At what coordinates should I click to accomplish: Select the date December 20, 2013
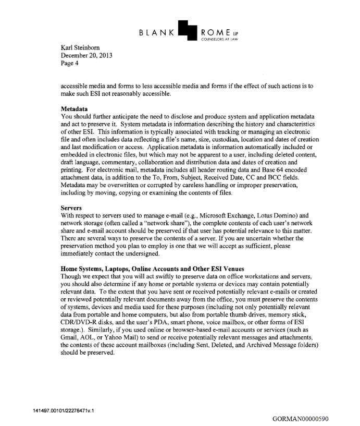(x=86, y=55)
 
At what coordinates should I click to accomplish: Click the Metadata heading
(x=76, y=107)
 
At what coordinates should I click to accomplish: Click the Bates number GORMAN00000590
(x=301, y=418)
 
